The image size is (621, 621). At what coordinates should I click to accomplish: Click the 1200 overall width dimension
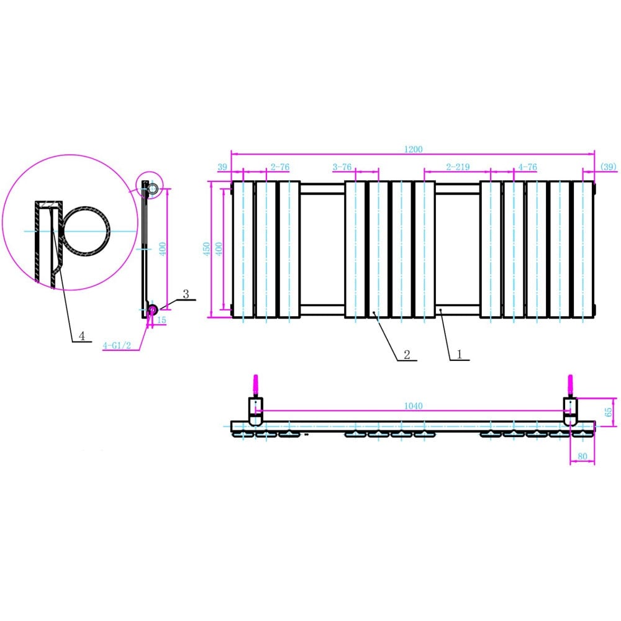[x=413, y=149]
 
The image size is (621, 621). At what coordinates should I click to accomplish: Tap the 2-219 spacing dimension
[x=457, y=167]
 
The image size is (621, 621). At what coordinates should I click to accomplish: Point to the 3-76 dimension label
[x=342, y=167]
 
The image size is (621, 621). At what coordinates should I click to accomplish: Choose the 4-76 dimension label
[x=527, y=167]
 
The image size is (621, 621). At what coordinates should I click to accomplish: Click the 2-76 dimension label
[x=279, y=167]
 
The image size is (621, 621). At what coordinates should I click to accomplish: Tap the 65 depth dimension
[x=609, y=411]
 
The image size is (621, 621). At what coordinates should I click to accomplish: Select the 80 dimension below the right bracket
[x=582, y=457]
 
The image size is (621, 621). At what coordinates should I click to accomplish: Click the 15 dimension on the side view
[x=162, y=320]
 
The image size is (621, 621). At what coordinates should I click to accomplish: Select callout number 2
[x=407, y=354]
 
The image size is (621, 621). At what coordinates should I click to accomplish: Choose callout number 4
[x=81, y=335]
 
